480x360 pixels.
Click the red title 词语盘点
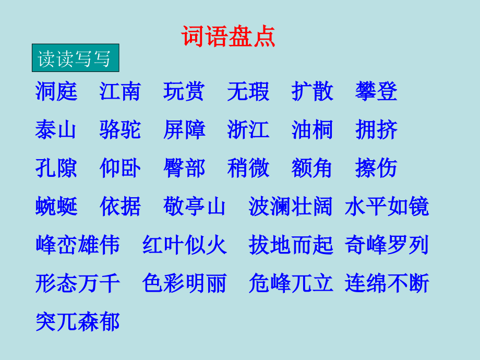[x=228, y=37]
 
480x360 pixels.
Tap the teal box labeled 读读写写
[x=75, y=58]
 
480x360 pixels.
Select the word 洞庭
[x=56, y=91]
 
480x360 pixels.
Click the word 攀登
[x=377, y=91]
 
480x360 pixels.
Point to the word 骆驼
[x=120, y=130]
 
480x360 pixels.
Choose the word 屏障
[x=184, y=130]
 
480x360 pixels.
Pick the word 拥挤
[x=377, y=130]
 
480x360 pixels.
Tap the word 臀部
[x=184, y=168]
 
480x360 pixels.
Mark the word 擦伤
[x=377, y=168]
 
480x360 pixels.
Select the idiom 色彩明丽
[x=184, y=283]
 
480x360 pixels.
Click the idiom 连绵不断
[x=387, y=283]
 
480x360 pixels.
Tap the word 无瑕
[x=248, y=91]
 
